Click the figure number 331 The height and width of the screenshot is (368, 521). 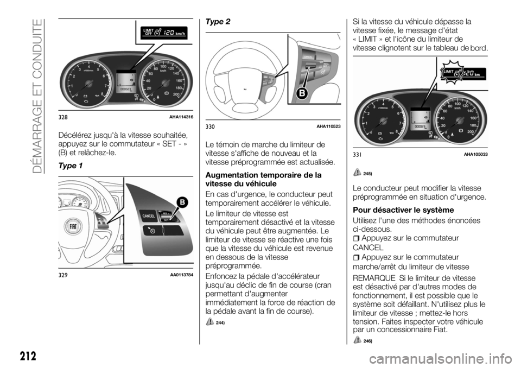(357, 155)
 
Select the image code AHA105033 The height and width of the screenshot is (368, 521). (476, 155)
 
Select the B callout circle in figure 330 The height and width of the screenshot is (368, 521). (301, 93)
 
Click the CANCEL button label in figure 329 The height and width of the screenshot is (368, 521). (149, 217)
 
